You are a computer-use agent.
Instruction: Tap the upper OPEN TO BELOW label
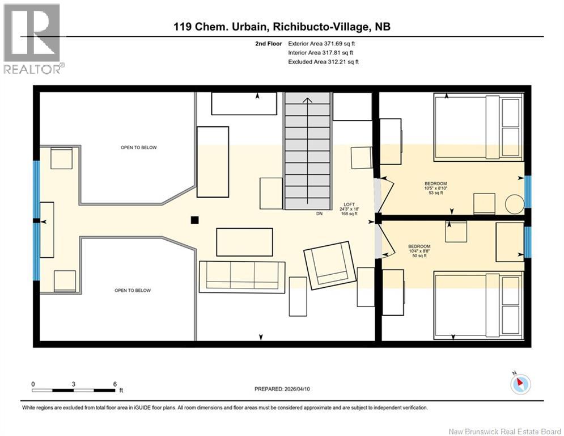tap(139, 148)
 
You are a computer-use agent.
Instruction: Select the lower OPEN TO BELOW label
tap(133, 291)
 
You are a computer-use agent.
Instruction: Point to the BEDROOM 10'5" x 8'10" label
tap(435, 188)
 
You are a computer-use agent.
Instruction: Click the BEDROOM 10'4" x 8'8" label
tap(419, 251)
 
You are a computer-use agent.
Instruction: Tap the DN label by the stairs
tap(319, 213)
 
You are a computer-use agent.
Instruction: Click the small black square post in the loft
tap(194, 220)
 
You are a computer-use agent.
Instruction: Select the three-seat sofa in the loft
tap(242, 276)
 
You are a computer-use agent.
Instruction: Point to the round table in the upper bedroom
tap(515, 204)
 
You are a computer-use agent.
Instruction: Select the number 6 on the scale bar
tap(115, 384)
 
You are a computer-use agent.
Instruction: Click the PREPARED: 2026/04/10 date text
tap(282, 389)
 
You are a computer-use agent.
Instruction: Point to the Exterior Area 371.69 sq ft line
tap(321, 44)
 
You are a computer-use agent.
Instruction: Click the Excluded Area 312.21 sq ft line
tap(323, 62)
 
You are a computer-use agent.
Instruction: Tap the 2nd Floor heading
tap(269, 44)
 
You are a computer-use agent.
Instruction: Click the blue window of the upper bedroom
tap(528, 191)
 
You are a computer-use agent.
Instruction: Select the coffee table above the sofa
tap(245, 242)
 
